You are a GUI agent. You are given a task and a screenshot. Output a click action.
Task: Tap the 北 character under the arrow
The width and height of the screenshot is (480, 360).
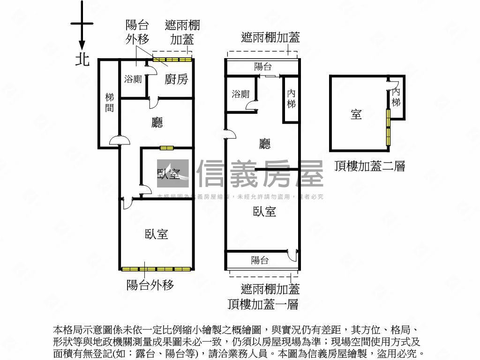click(82, 60)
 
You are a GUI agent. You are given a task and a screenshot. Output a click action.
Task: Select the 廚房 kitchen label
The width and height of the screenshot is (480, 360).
click(176, 79)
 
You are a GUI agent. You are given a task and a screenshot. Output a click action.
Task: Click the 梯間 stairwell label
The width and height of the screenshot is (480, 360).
click(110, 103)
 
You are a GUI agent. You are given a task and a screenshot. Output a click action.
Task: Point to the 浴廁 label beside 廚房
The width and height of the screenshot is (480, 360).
click(133, 79)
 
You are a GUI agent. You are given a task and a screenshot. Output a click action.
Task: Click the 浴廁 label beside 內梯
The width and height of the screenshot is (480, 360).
click(240, 94)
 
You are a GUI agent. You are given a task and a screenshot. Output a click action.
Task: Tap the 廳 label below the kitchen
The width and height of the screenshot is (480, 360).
click(157, 123)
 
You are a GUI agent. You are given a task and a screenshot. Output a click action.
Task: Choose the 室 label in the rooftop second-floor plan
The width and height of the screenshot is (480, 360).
click(356, 114)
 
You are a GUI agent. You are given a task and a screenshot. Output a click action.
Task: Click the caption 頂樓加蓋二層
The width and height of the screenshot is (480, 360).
click(370, 166)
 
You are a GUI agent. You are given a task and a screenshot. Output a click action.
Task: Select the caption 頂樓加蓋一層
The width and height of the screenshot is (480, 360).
click(263, 304)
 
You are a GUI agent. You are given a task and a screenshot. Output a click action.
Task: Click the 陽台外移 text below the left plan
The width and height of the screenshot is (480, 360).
click(150, 285)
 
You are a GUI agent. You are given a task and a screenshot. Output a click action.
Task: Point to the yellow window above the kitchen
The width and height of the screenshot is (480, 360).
click(172, 60)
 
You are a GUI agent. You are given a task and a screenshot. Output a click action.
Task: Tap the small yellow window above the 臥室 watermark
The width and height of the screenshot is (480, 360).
click(166, 148)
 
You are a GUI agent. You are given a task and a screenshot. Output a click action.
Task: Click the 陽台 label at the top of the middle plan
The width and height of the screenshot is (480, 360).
click(262, 67)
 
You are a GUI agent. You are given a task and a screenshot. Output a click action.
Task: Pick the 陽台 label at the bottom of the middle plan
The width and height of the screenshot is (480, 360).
click(260, 260)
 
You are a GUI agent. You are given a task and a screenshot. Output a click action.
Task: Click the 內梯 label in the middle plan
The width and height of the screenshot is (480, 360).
click(292, 98)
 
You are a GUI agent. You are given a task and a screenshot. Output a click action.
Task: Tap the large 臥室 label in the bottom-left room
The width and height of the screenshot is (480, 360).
click(157, 233)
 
